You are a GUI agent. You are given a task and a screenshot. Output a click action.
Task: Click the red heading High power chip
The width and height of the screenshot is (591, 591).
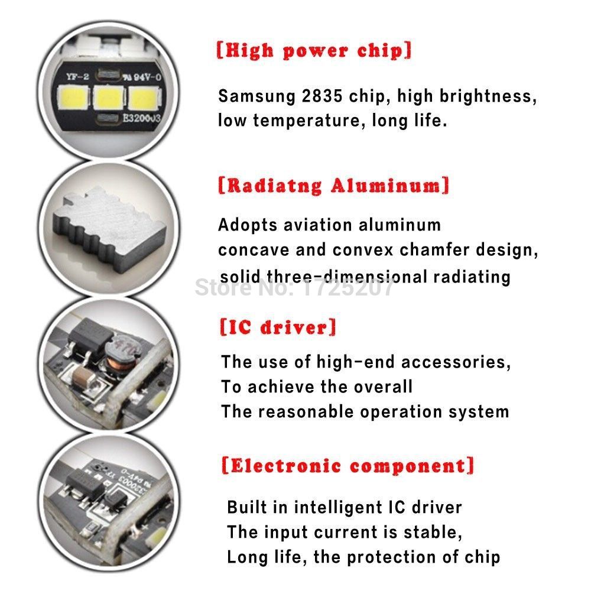pos(314,51)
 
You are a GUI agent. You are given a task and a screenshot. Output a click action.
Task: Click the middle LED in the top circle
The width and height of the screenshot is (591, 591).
pos(109,98)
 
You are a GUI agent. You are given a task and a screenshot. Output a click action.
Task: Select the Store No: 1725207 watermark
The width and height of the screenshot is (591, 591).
pos(294,288)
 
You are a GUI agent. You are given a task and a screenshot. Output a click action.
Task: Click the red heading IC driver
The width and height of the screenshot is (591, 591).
pos(278,327)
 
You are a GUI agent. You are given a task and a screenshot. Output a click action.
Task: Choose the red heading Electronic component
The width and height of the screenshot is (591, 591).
pos(348,465)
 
